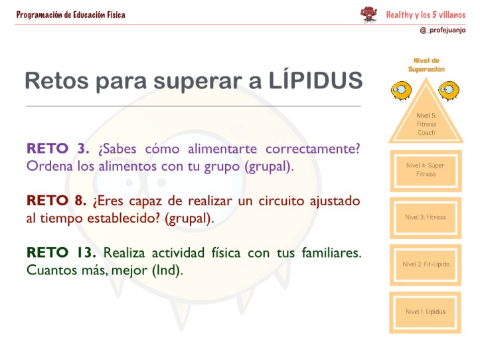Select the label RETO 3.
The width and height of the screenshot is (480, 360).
[58, 148]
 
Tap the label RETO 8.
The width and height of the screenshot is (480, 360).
[56, 201]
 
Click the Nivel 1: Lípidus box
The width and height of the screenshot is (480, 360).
[426, 312]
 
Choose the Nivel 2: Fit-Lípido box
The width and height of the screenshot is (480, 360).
[426, 264]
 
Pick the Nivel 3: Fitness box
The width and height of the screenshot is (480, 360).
[426, 217]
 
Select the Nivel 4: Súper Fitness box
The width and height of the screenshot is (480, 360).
[426, 170]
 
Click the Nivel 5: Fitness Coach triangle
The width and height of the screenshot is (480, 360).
[426, 120]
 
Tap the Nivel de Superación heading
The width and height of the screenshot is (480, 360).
[426, 64]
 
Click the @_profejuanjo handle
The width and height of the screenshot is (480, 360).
[443, 31]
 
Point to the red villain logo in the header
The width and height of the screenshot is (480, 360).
[368, 14]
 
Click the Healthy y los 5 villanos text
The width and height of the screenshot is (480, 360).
[426, 14]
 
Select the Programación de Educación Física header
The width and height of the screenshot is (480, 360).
[70, 15]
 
